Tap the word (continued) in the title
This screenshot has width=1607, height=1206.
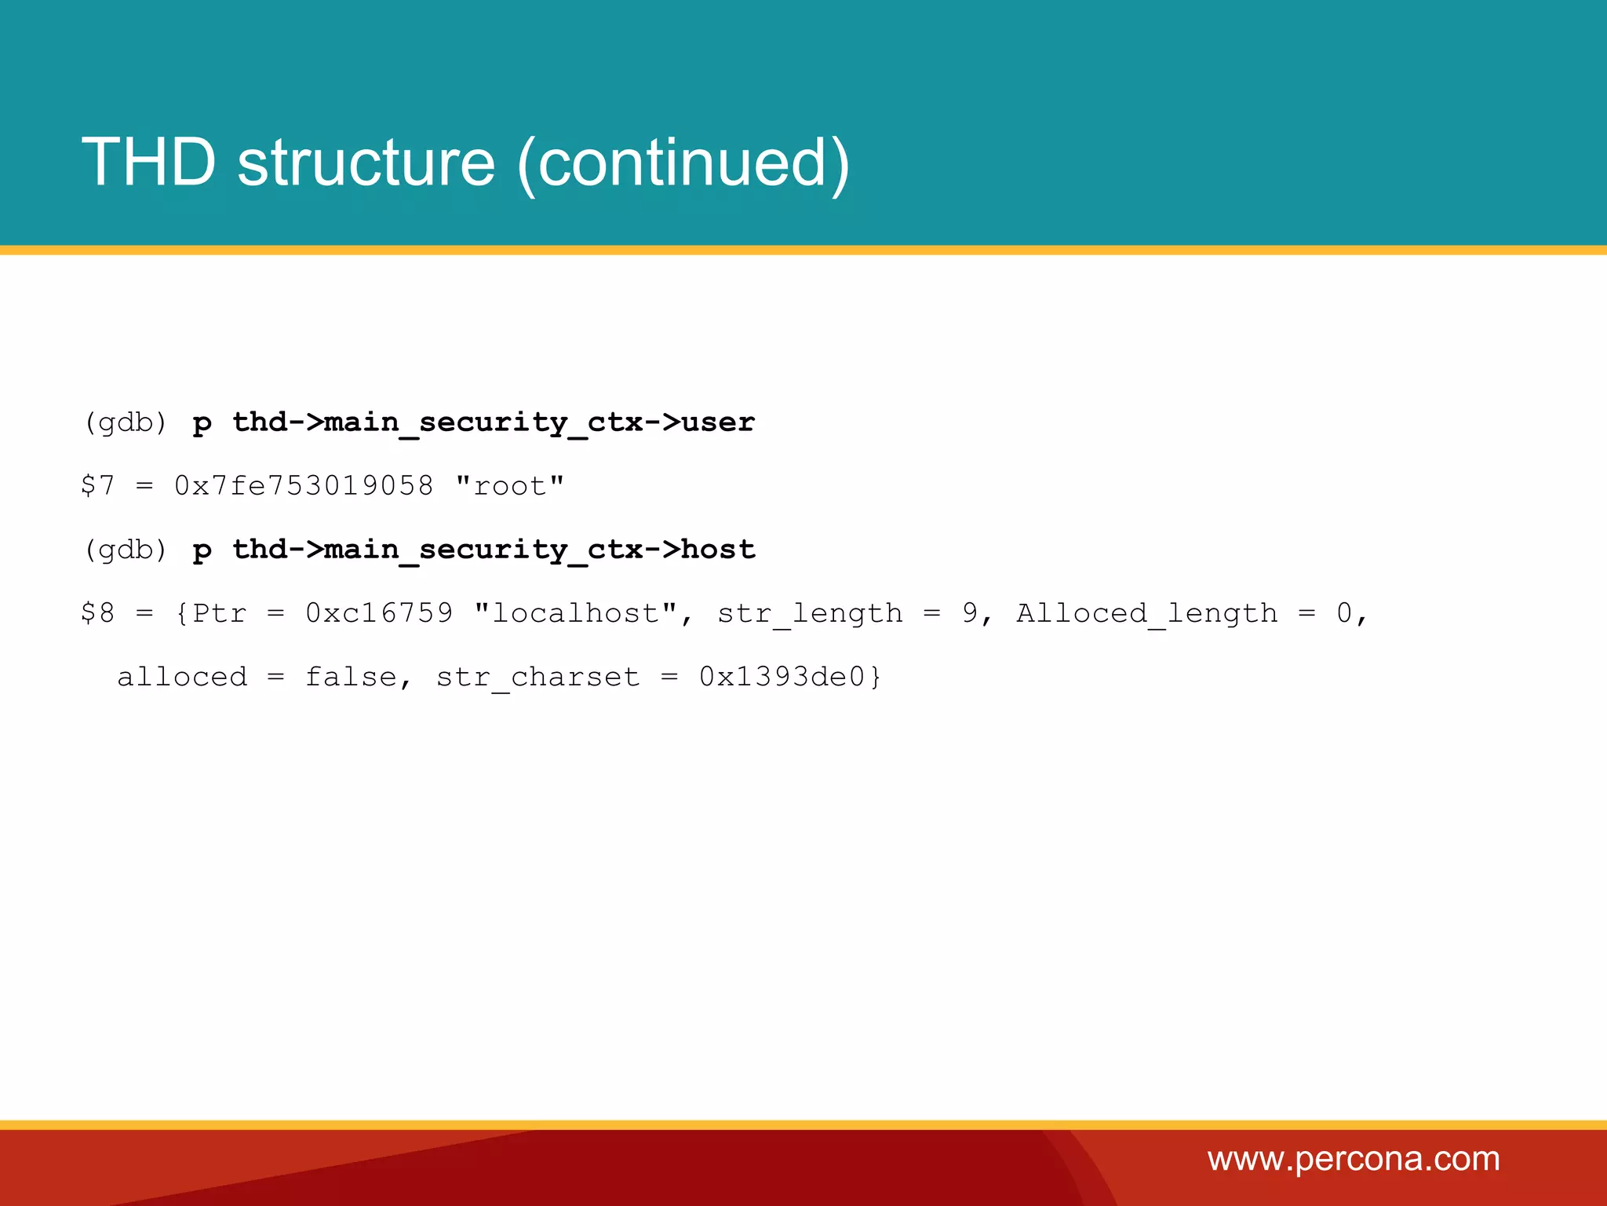pos(683,163)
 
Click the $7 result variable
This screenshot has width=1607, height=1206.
pos(98,486)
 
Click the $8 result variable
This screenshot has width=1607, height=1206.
pos(98,613)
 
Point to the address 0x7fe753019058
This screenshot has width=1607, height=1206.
pos(304,486)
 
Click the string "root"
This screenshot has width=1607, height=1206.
pos(510,486)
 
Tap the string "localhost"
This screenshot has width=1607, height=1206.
pos(576,613)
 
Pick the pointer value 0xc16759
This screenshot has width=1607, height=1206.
pos(379,613)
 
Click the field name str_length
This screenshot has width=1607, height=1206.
pos(810,613)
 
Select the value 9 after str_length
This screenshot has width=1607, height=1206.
pos(970,613)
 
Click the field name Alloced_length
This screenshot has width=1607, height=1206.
pos(1147,613)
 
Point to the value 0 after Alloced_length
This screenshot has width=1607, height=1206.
pos(1344,613)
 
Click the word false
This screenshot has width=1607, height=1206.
pos(351,677)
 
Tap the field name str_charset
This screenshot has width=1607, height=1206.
pos(538,677)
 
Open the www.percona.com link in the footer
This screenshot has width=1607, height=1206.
pos(1354,1159)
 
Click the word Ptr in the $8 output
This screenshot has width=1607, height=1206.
pos(220,613)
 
